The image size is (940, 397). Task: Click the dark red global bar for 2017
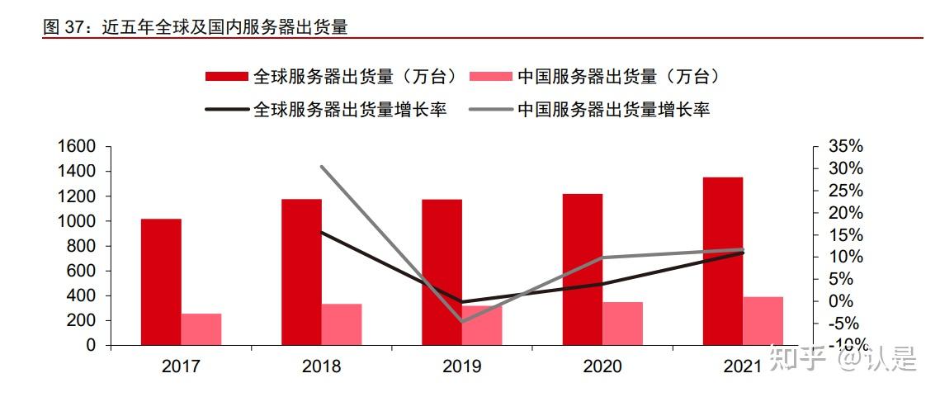161,281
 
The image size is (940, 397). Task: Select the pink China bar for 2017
201,328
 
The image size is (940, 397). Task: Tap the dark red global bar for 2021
722,261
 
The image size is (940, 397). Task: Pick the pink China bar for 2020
622,323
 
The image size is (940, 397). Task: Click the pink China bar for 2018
342,324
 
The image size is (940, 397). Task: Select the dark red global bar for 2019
442,272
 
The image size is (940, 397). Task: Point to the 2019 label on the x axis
462,366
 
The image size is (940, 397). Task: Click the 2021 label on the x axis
742,366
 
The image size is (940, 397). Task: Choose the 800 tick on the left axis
82,246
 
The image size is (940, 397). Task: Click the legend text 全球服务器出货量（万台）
355,77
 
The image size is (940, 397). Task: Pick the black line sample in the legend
226,109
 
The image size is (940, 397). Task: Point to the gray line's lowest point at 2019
463,321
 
